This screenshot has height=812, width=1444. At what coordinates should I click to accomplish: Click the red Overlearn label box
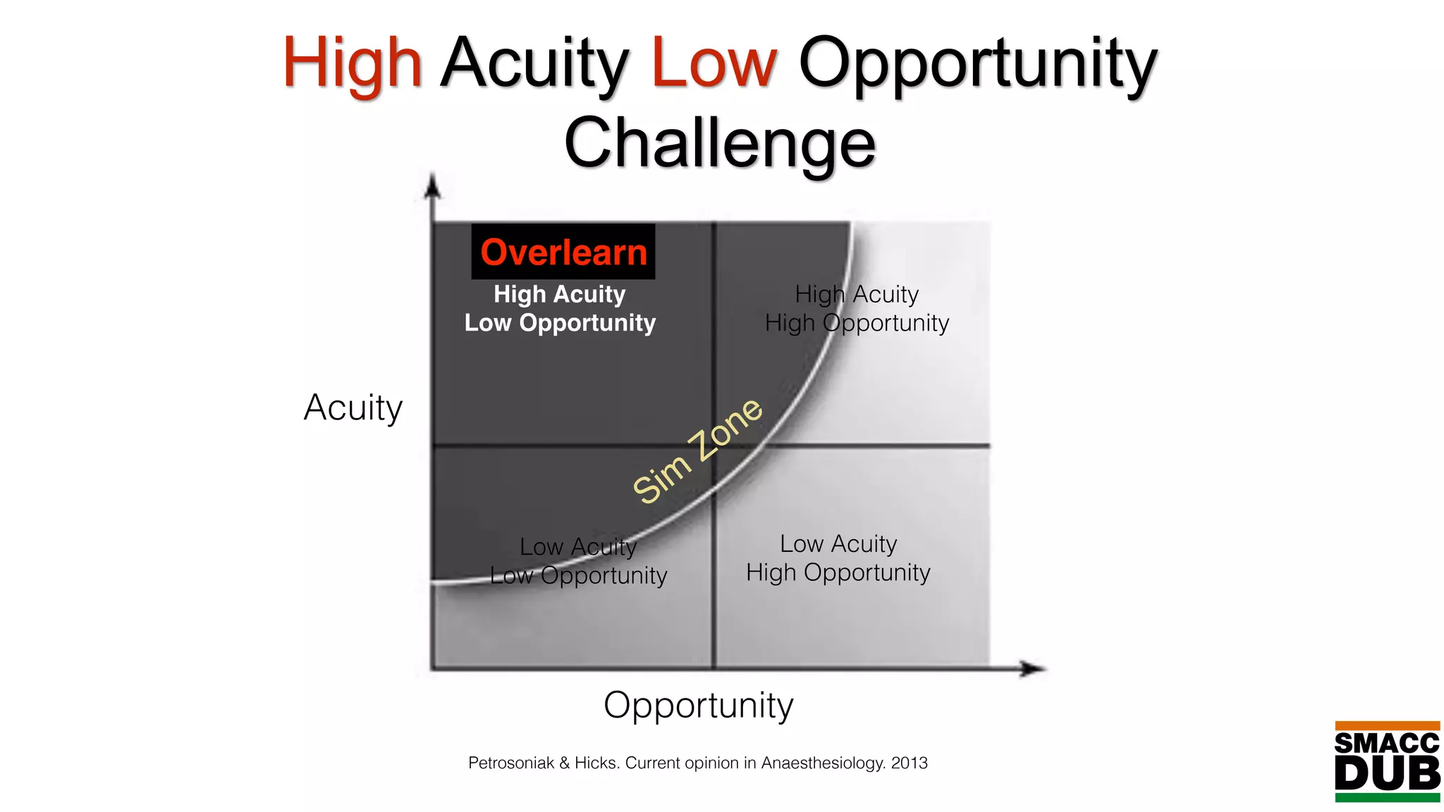[563, 252]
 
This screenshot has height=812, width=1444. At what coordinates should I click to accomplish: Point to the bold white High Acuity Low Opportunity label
[560, 309]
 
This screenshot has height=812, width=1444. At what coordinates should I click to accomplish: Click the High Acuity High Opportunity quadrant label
[857, 309]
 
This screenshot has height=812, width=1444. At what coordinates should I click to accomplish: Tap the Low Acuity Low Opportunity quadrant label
[578, 561]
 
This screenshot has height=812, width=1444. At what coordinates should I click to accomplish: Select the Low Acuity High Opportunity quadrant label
[838, 558]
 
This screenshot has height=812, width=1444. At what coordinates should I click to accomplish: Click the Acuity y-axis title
[353, 407]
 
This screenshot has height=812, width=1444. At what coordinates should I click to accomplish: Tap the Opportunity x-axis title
[698, 705]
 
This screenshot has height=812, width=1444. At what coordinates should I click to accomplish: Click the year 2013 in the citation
[909, 763]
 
